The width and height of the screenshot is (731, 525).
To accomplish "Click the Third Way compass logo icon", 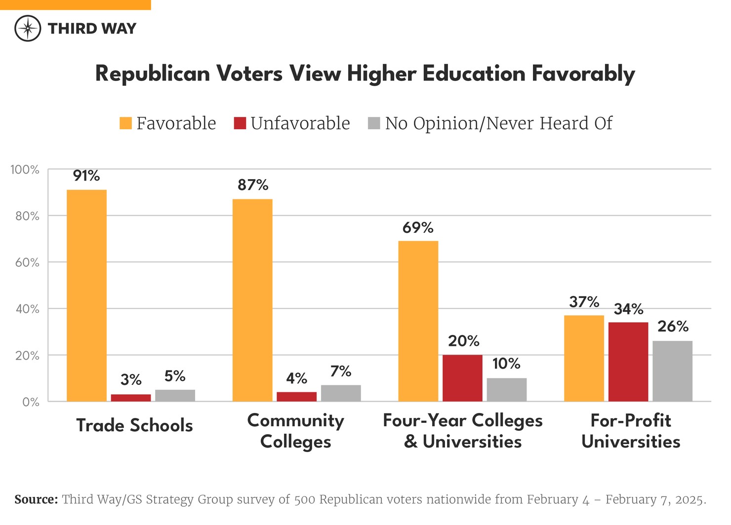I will (x=28, y=28).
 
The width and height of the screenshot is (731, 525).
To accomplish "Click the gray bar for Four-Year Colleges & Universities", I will (x=506, y=389).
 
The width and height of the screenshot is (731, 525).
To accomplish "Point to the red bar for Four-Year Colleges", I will (x=462, y=378).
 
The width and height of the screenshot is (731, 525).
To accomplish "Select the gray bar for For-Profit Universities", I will (x=672, y=371).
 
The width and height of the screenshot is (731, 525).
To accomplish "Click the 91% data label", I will (x=86, y=176).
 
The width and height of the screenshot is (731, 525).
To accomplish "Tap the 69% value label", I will (x=418, y=227).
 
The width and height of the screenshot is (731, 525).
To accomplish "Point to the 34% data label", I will (x=628, y=309).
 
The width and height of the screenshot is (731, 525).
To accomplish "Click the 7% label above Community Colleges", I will (x=341, y=371).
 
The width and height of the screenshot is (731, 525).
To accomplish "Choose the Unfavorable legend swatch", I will (x=240, y=123).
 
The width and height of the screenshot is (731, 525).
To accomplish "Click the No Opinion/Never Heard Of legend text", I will (x=498, y=123).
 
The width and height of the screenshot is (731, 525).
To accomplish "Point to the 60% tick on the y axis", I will (x=27, y=262).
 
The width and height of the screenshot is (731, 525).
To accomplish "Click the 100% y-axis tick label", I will (x=25, y=170).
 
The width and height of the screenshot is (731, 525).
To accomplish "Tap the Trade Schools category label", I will (x=134, y=425).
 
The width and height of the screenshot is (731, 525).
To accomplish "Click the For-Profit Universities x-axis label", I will (x=631, y=431).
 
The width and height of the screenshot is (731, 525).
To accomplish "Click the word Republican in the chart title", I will (x=153, y=74).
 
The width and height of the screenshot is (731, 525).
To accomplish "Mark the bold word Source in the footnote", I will (x=36, y=499).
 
